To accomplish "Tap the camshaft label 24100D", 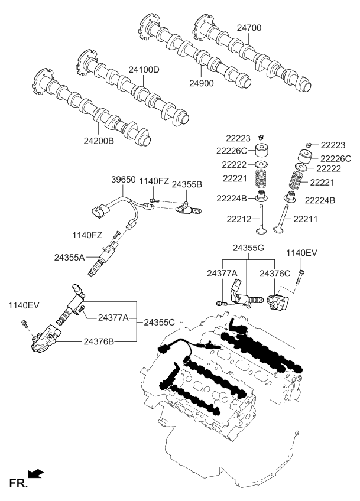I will (145, 70).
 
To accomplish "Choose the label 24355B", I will (187, 184).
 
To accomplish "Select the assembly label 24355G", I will (249, 249).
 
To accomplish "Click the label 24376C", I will (275, 273).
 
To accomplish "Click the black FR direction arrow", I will (37, 473).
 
